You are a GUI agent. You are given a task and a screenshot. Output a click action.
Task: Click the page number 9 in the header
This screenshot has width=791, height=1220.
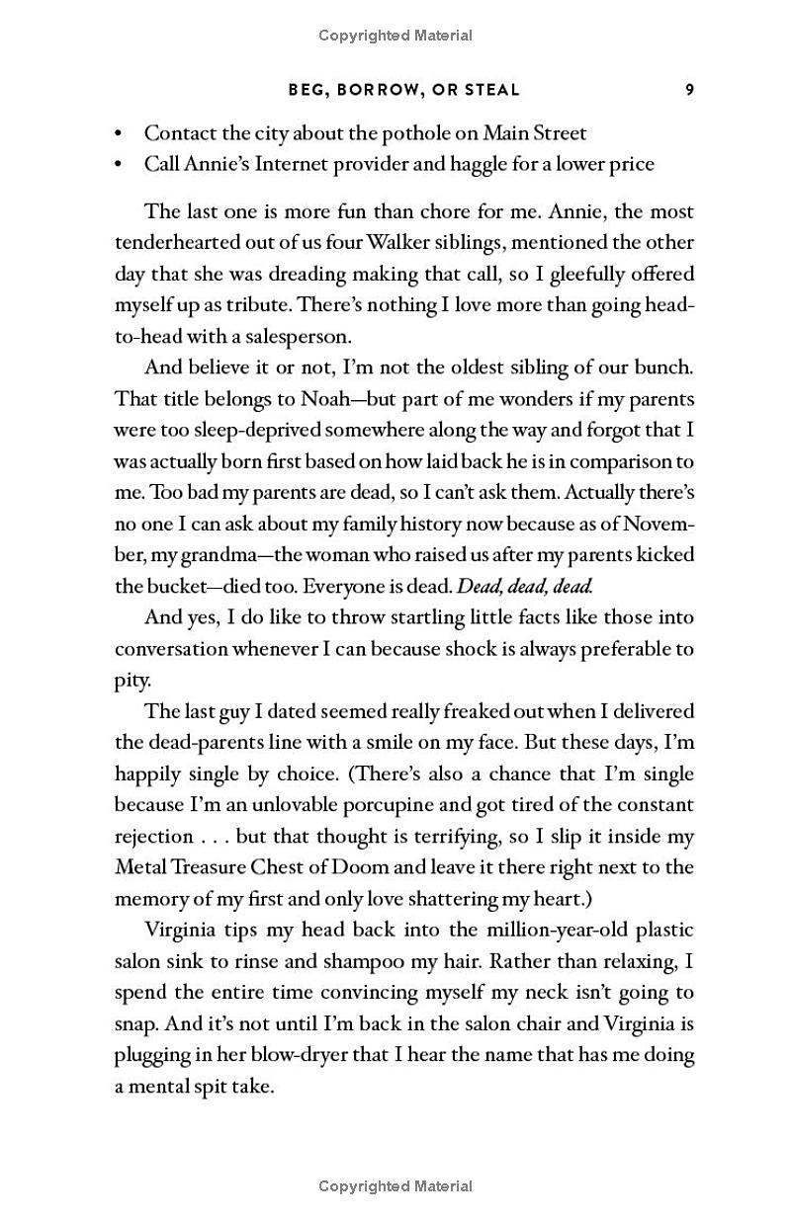click(689, 90)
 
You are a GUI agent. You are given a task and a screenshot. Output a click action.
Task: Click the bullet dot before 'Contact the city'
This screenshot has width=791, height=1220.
click(120, 133)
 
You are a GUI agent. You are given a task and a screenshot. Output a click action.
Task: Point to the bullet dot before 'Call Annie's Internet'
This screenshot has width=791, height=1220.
click(120, 165)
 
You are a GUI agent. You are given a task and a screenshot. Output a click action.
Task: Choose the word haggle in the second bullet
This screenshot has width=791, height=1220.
click(479, 164)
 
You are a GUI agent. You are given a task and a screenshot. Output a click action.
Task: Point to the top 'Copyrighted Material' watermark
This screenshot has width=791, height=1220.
click(395, 36)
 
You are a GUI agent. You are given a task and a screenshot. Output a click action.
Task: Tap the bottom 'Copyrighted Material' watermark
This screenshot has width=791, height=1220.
click(395, 1186)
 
